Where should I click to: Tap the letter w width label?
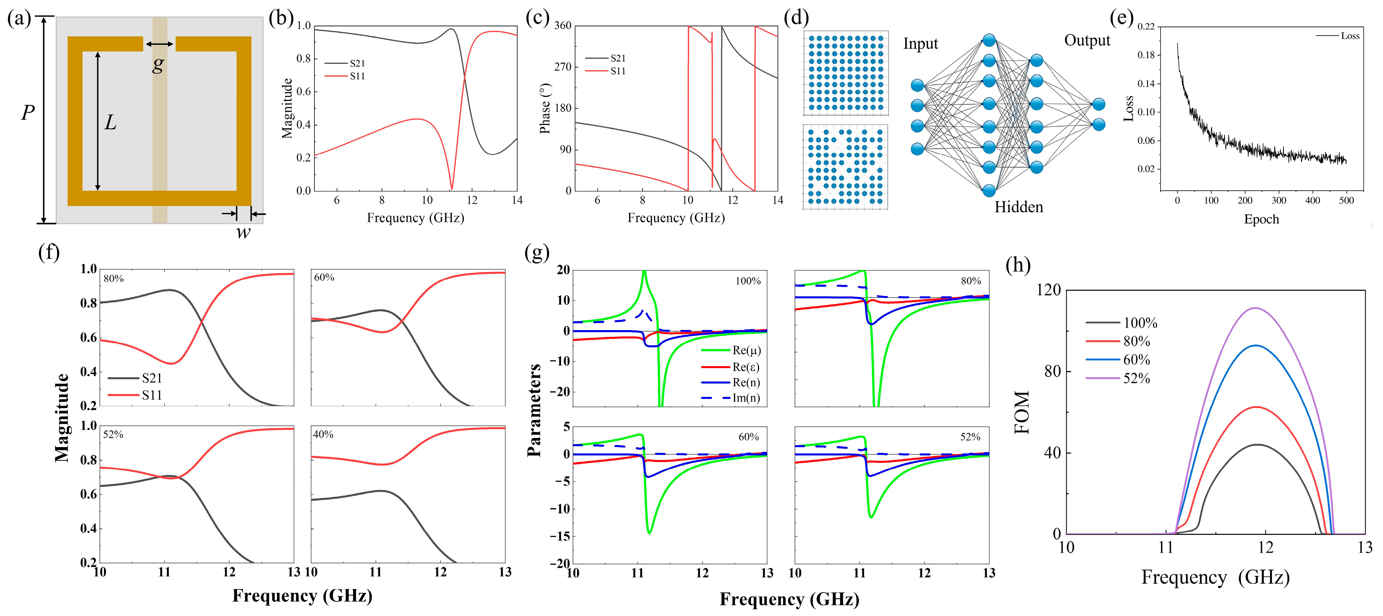(243, 232)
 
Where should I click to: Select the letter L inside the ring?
(110, 122)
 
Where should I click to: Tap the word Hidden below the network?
(1019, 207)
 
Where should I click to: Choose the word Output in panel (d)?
(1087, 40)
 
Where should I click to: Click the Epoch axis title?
(1261, 219)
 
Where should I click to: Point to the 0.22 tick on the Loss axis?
(1146, 26)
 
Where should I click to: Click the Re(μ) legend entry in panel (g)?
(746, 351)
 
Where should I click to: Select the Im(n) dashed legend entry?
(746, 398)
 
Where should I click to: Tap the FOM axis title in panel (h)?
(1022, 412)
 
